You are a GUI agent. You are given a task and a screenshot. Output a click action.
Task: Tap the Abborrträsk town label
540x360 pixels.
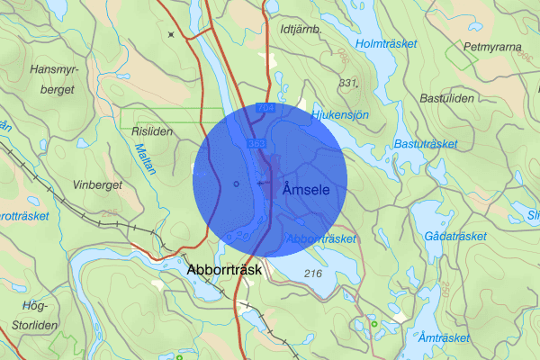(223, 269)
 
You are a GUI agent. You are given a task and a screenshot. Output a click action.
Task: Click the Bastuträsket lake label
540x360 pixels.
(425, 143)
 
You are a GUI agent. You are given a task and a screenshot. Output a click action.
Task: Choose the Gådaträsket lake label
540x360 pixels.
(454, 236)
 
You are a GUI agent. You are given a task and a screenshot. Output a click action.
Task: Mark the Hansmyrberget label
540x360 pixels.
(58, 78)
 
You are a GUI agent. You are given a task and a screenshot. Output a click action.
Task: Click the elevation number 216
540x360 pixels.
(313, 273)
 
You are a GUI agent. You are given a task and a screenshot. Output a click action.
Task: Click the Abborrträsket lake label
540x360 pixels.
(320, 238)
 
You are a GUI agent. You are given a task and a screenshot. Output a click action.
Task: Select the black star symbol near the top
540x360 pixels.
(170, 34)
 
